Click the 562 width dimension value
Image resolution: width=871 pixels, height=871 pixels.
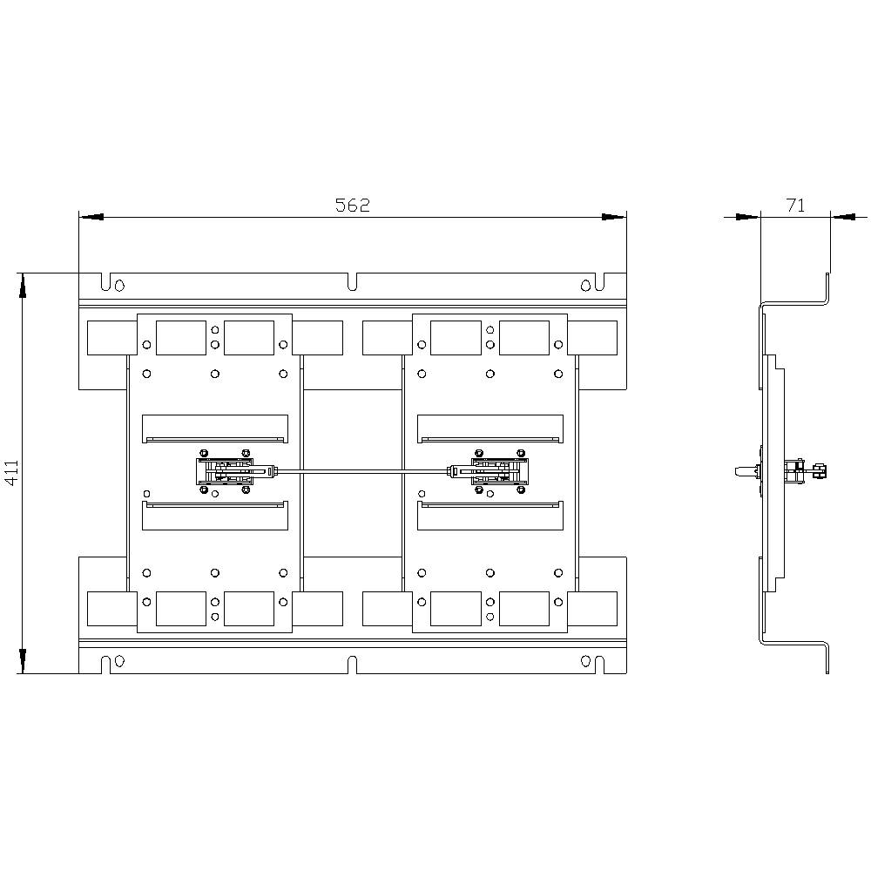pyautogui.click(x=353, y=206)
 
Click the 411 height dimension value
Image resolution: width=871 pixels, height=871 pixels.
pyautogui.click(x=11, y=474)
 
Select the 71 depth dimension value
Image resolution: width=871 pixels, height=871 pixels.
pyautogui.click(x=795, y=206)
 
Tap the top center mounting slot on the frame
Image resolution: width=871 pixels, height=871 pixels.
pyautogui.click(x=353, y=282)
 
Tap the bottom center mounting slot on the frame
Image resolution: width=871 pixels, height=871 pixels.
pyautogui.click(x=353, y=665)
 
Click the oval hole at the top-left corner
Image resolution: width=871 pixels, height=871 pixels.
pyautogui.click(x=119, y=284)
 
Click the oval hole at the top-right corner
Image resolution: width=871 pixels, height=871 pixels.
pyautogui.click(x=586, y=284)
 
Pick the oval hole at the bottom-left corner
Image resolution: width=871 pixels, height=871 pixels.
pyautogui.click(x=119, y=662)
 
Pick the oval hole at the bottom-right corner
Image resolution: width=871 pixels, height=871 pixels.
pyautogui.click(x=586, y=662)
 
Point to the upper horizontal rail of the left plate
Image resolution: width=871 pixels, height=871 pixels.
pyautogui.click(x=215, y=429)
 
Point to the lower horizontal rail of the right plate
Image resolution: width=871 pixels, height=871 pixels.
pyautogui.click(x=490, y=515)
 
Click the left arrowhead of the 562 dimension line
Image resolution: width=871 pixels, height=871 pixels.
pyautogui.click(x=91, y=217)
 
